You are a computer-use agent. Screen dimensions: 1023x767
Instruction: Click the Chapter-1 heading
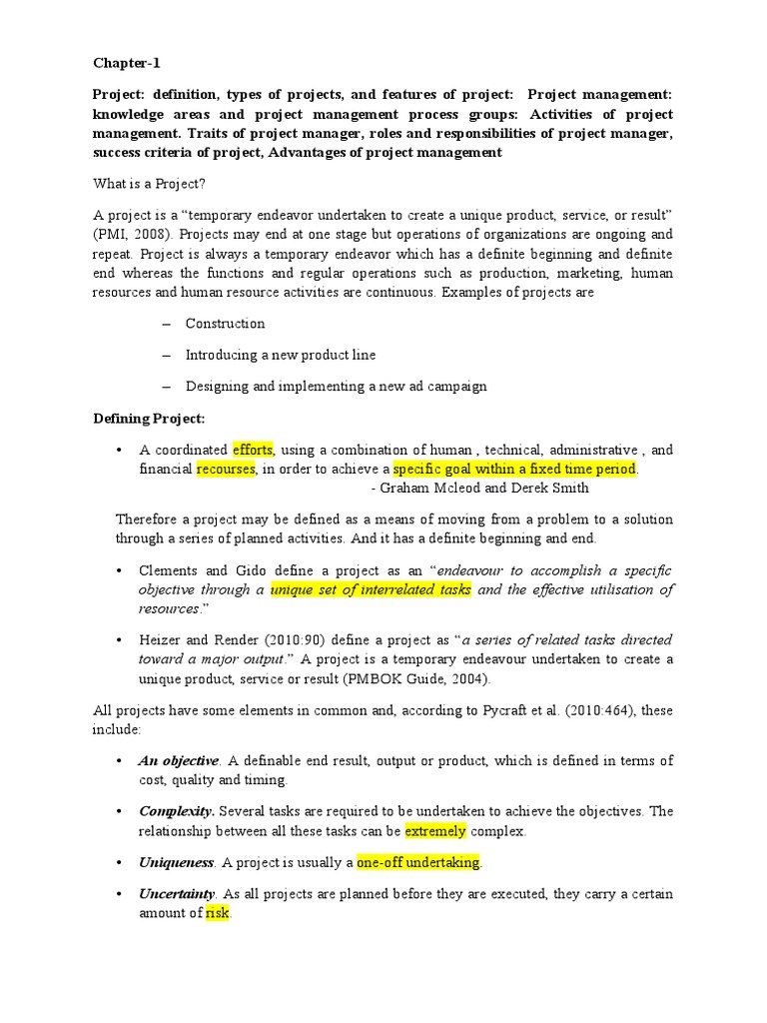(126, 63)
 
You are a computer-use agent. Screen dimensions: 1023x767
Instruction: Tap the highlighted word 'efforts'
(254, 450)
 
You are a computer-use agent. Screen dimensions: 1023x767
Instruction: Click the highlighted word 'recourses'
(226, 469)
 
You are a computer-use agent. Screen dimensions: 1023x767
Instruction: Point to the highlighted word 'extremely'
(435, 830)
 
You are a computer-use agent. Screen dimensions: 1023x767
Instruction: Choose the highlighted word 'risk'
(218, 913)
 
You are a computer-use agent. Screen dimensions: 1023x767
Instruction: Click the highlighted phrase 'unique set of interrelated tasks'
(371, 589)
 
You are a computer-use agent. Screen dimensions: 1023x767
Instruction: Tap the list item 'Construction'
(225, 324)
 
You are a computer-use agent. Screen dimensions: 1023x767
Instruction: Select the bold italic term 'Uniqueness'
(176, 862)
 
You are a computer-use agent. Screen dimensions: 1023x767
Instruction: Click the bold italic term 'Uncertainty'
(177, 893)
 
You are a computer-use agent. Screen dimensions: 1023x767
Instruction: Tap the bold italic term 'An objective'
(179, 760)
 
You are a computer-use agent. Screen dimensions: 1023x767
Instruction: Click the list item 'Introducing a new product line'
(281, 355)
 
